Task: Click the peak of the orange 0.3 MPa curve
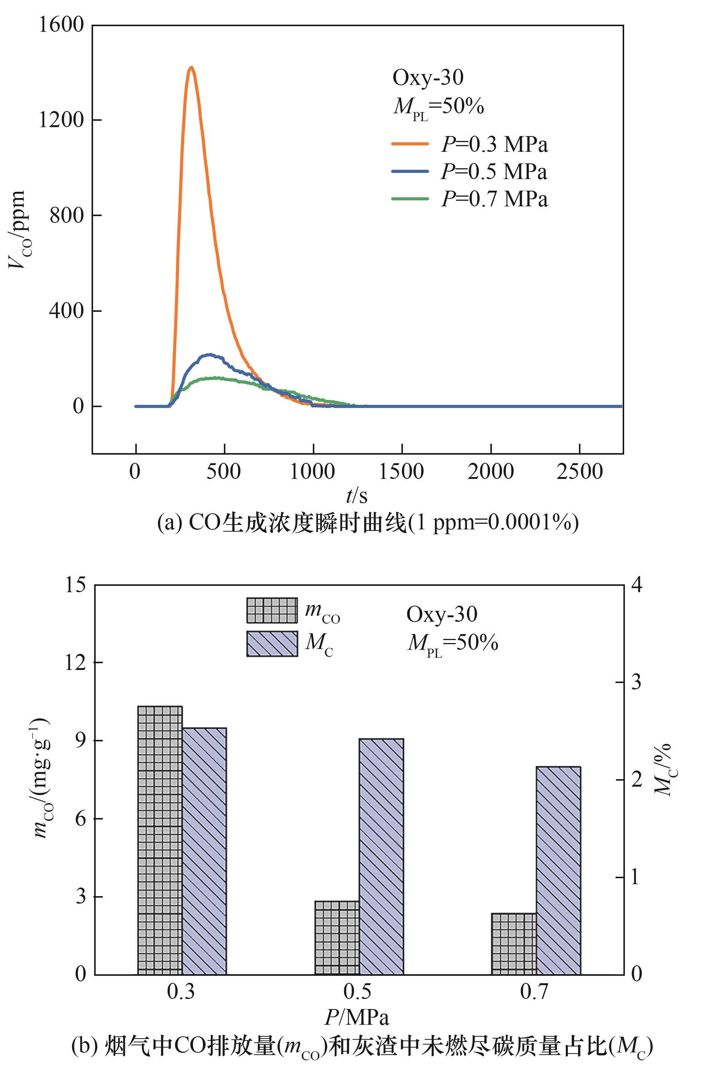[x=191, y=68]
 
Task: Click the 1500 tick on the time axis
[x=401, y=471]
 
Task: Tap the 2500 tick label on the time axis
[x=579, y=471]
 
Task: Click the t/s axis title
[x=357, y=496]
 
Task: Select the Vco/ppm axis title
[x=17, y=230]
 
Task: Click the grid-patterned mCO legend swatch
[x=272, y=610]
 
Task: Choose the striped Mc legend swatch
[x=272, y=644]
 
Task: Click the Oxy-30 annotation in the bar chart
[x=442, y=614]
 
